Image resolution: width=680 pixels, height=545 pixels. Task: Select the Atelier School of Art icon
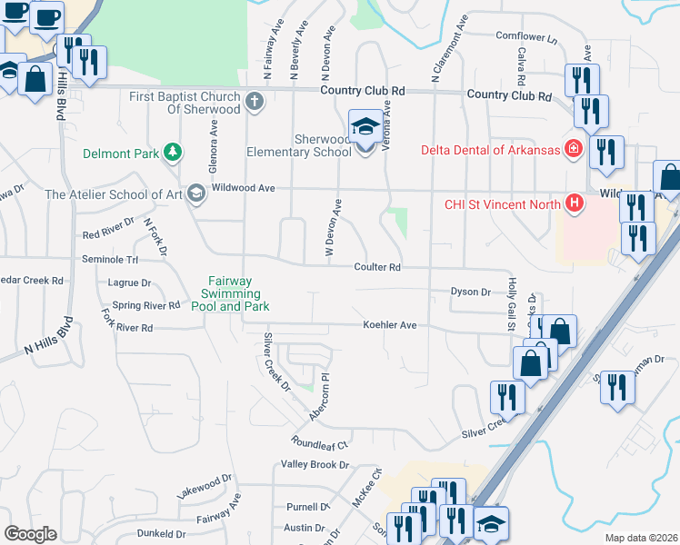coord(195,193)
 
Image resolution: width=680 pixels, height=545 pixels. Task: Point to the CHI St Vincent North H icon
coord(573,203)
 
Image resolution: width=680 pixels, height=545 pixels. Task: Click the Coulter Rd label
coord(377,267)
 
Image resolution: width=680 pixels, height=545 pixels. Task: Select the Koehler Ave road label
coord(389,324)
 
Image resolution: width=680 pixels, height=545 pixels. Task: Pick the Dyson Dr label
coord(471,292)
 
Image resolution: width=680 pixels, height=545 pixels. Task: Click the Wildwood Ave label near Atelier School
coord(243,188)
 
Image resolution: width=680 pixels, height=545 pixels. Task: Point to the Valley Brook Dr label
coord(315,464)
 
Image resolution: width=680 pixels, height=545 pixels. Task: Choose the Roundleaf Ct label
coord(320,445)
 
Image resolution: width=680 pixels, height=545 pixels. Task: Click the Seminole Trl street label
coord(109,260)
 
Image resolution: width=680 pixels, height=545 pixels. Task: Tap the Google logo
coord(30,534)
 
